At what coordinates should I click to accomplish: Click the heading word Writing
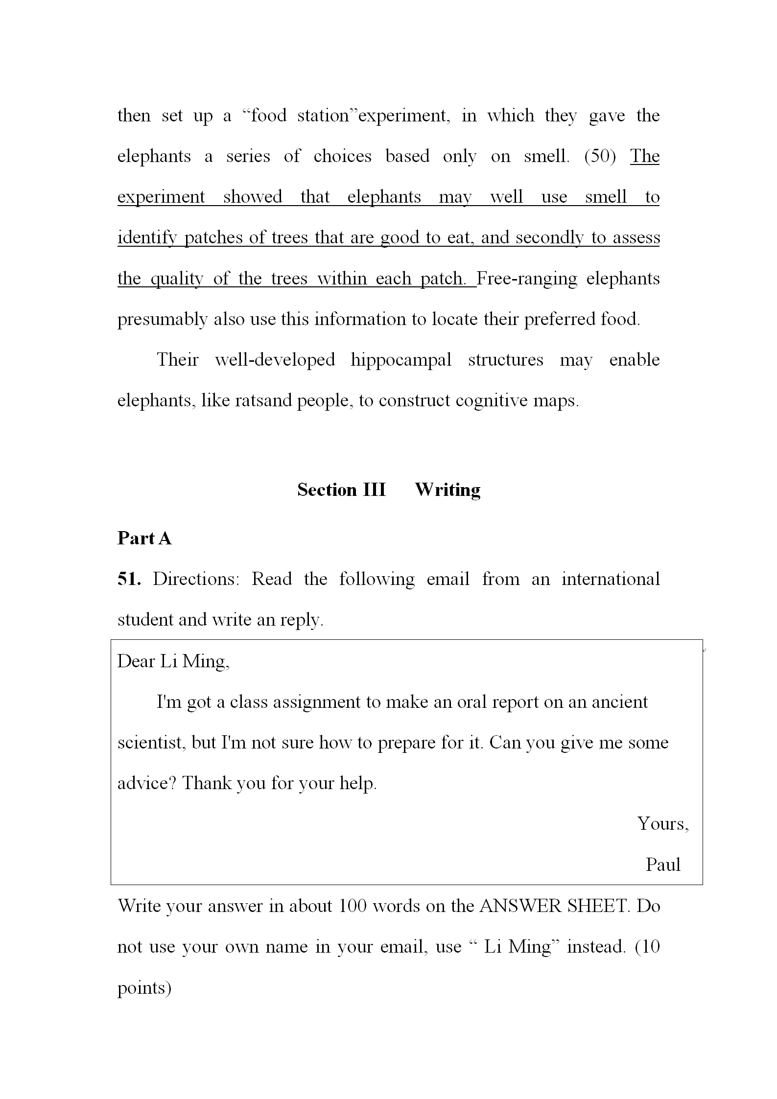click(447, 490)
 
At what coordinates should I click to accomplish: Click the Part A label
click(144, 538)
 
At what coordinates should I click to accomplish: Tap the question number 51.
click(129, 579)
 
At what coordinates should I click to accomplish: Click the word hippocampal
click(401, 360)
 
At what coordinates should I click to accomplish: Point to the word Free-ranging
click(527, 279)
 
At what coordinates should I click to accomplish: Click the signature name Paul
click(663, 865)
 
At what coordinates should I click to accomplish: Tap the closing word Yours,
click(663, 824)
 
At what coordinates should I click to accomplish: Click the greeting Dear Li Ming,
click(173, 661)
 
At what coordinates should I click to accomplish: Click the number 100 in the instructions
click(353, 906)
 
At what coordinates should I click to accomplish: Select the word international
click(611, 579)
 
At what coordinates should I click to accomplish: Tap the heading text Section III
click(341, 490)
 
